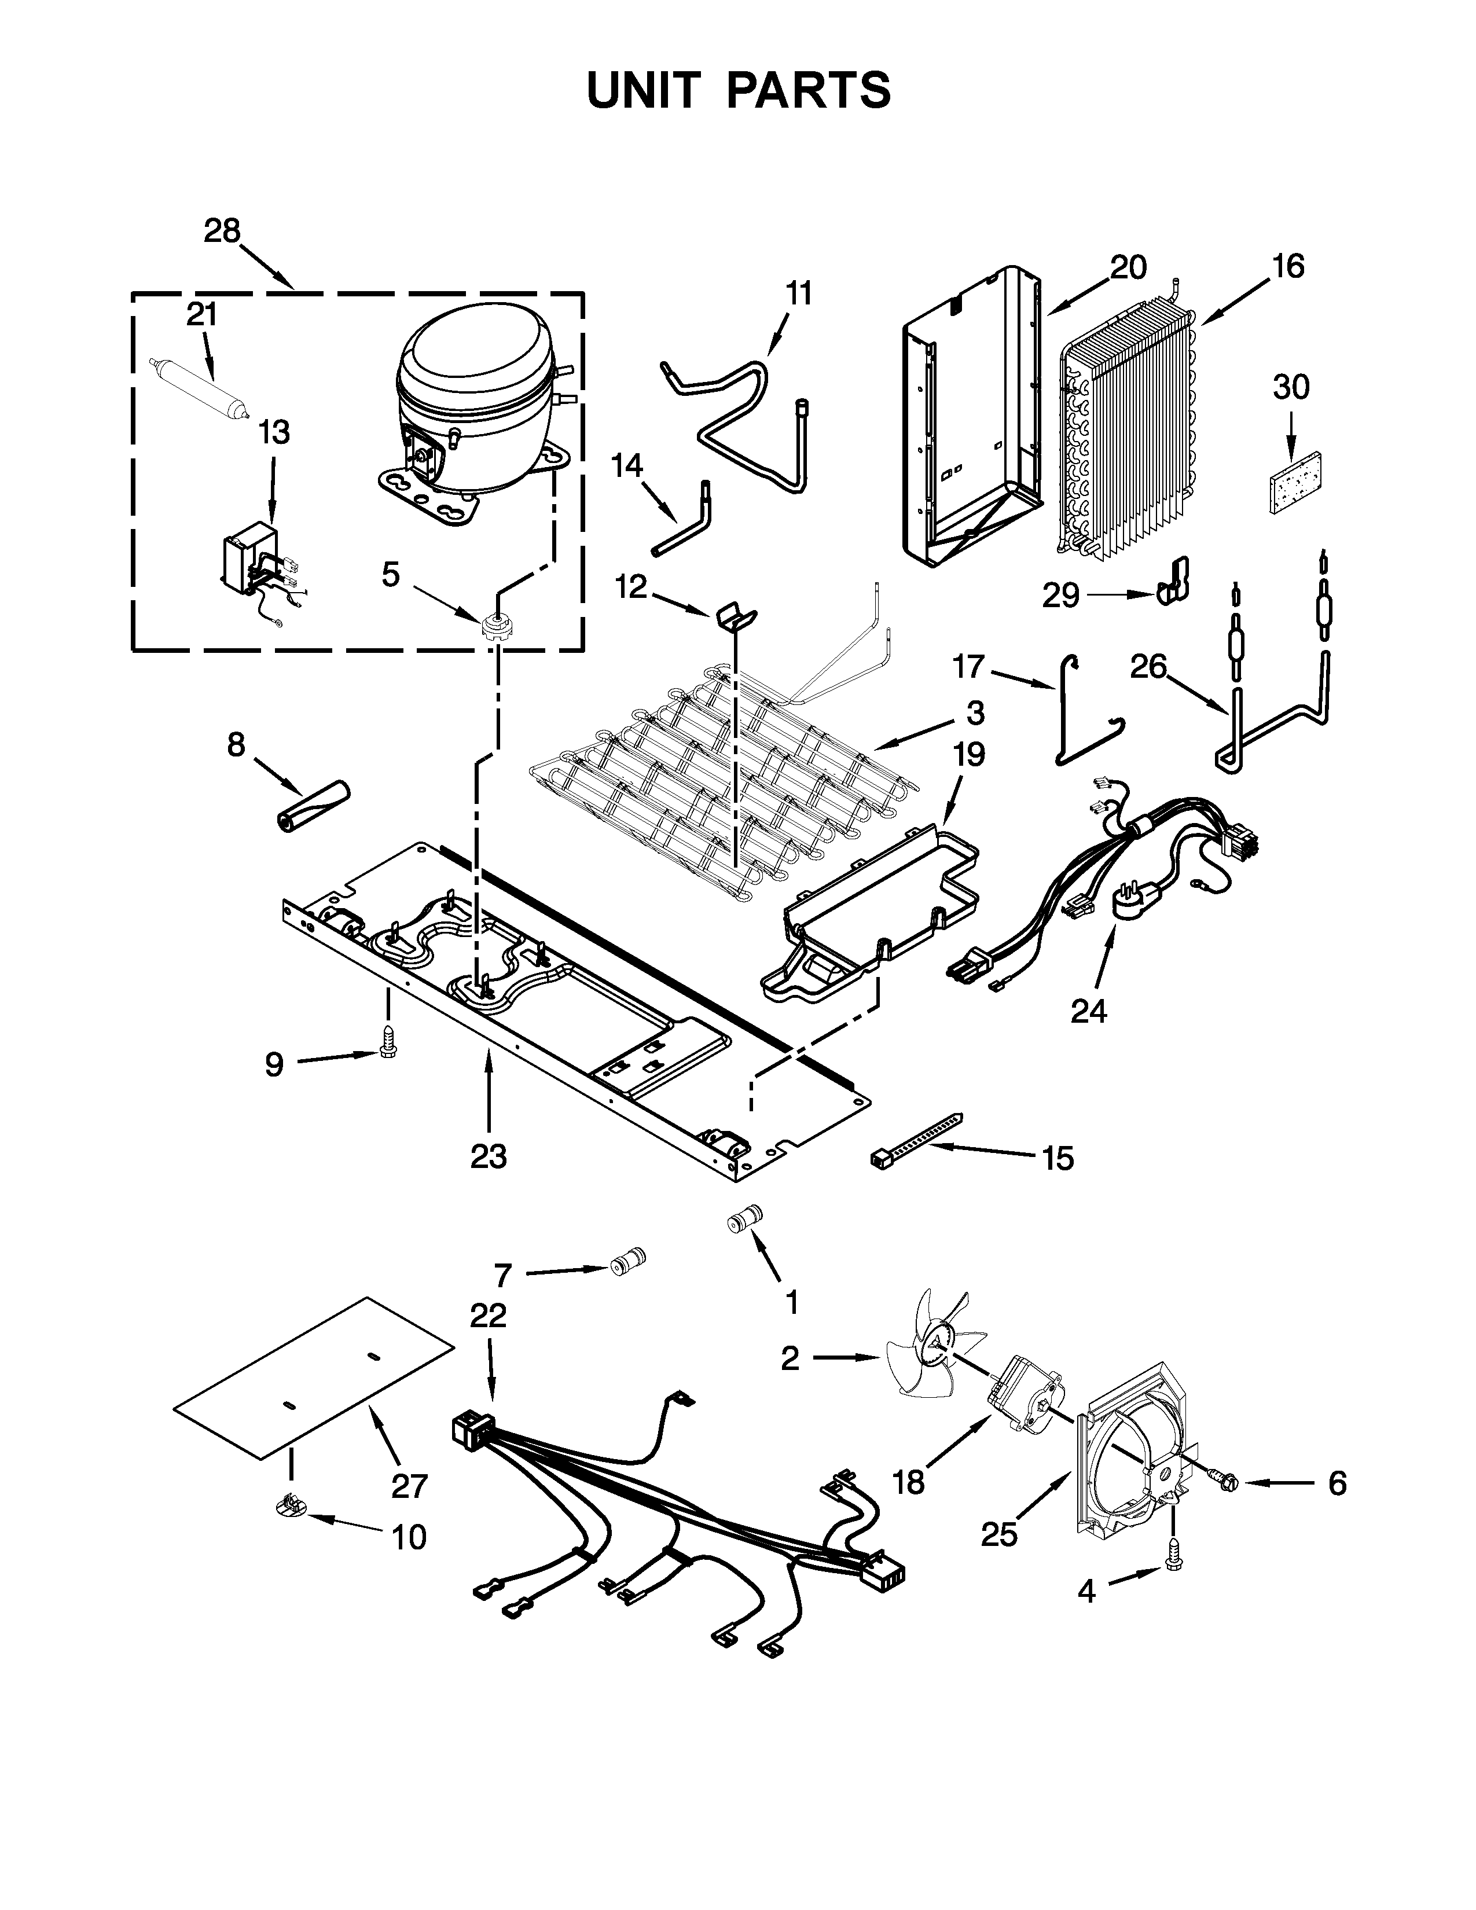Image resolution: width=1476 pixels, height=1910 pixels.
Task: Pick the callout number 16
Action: point(1287,266)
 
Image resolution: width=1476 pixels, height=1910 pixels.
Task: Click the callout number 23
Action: point(488,1156)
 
